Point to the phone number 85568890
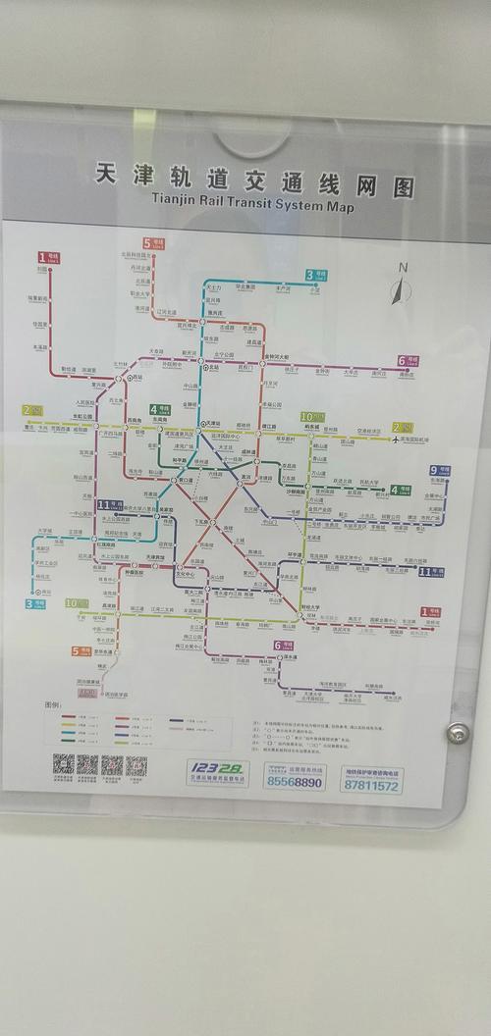point(294,782)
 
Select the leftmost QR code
point(63,764)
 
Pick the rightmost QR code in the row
point(136,765)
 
